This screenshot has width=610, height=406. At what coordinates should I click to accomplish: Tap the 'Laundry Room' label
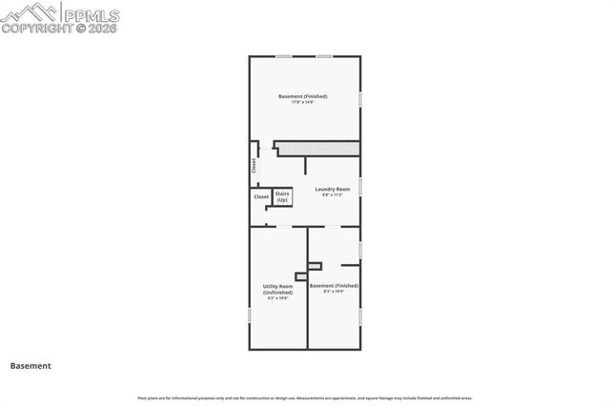tap(334, 189)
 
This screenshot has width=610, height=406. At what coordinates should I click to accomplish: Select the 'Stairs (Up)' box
tap(282, 196)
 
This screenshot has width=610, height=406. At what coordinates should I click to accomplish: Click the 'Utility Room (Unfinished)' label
tap(277, 289)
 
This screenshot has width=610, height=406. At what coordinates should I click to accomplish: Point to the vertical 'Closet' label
tap(254, 165)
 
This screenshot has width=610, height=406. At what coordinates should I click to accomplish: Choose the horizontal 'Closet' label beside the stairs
tap(261, 196)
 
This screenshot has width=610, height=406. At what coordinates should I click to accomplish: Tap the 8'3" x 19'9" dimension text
tap(333, 293)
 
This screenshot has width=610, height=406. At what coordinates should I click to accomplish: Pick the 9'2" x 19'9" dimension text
tap(277, 298)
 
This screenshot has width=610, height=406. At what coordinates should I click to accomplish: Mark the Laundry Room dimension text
tap(334, 195)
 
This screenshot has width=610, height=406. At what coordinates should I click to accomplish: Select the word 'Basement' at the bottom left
tap(30, 365)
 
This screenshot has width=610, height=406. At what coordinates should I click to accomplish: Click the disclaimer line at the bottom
tap(305, 397)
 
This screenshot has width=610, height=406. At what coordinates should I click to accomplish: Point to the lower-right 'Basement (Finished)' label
tap(334, 286)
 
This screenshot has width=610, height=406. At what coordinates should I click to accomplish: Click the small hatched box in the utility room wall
tap(301, 276)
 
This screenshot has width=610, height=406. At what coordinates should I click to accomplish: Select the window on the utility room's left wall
tap(250, 314)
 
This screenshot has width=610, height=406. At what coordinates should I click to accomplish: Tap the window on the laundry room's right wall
tap(360, 185)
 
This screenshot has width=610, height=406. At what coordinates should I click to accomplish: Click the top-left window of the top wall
tap(283, 56)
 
